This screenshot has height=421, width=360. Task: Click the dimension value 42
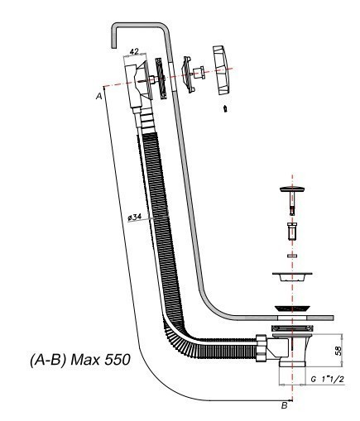(134, 51)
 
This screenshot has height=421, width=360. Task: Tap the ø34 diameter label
(135, 217)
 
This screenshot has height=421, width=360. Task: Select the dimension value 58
(338, 351)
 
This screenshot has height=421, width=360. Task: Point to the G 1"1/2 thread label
(328, 380)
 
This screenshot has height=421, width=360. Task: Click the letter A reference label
(98, 96)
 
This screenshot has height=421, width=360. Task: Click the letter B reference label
(284, 405)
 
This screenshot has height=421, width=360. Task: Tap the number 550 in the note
(117, 360)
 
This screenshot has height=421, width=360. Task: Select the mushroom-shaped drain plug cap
(292, 189)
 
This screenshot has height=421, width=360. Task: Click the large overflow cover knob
(222, 70)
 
